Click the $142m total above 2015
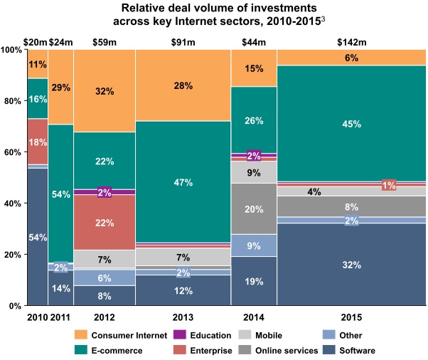coord(351,41)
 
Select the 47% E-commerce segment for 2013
coord(183,182)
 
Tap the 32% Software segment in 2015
coord(351,264)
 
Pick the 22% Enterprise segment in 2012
coord(104,223)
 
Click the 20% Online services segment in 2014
coord(254,208)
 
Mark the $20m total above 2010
coord(37,41)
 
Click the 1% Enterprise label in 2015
coord(389,185)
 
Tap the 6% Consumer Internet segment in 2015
coord(351,58)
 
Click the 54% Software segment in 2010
coord(38,236)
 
